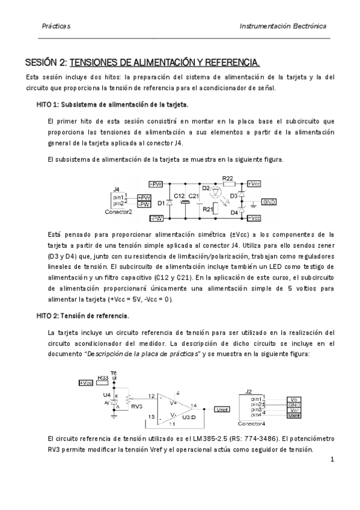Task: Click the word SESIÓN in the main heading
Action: [44, 62]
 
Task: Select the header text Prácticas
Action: [56, 27]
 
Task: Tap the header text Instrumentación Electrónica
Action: [282, 27]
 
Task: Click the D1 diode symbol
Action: [169, 203]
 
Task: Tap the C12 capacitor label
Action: [179, 196]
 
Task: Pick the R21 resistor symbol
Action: [225, 209]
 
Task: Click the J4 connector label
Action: [117, 189]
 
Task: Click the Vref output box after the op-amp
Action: [220, 410]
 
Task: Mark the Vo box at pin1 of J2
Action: [293, 399]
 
